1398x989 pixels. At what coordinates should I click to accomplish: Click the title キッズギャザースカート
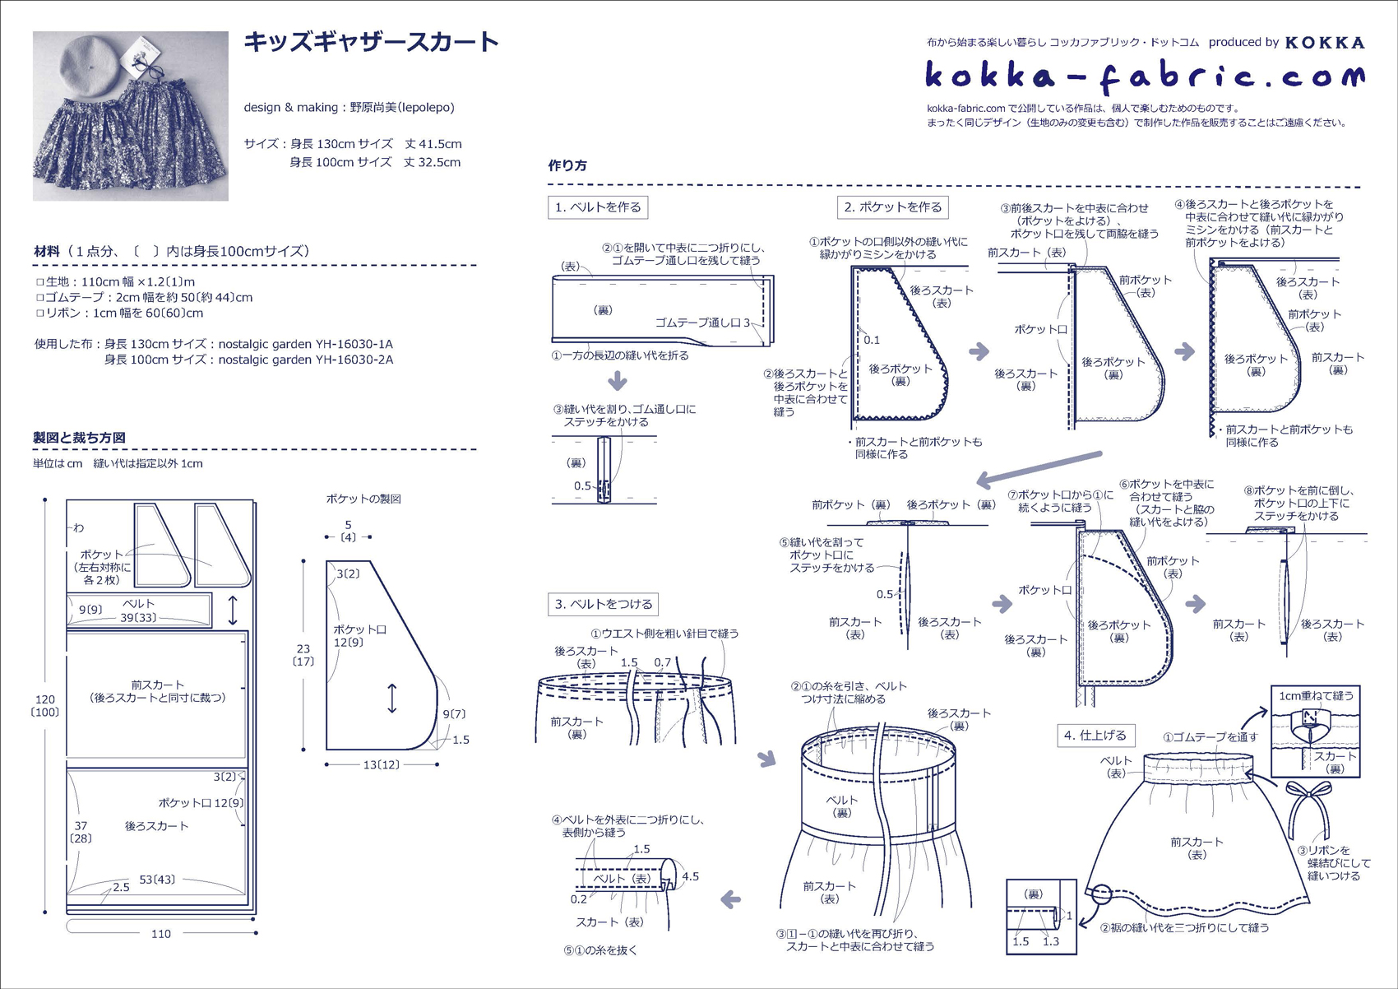point(371,42)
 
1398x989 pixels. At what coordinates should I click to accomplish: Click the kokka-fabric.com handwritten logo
point(1145,77)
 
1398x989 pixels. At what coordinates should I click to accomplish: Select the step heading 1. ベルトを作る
point(598,207)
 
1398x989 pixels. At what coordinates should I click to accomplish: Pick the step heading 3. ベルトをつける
point(604,605)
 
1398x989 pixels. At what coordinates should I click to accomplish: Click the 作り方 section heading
point(567,165)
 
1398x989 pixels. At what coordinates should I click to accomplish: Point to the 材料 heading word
point(47,251)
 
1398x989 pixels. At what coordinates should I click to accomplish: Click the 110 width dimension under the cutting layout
point(161,934)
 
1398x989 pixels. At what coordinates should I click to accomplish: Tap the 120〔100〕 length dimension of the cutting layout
point(45,706)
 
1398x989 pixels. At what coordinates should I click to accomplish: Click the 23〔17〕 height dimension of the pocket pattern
point(303,655)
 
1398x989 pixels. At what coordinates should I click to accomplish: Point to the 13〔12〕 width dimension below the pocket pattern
point(382,765)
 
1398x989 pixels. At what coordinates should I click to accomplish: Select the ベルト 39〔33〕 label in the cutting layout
point(138,611)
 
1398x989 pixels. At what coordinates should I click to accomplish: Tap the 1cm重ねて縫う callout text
point(1316,696)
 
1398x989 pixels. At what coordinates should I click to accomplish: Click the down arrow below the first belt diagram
point(618,381)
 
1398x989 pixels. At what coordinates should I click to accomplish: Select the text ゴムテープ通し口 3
point(702,323)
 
